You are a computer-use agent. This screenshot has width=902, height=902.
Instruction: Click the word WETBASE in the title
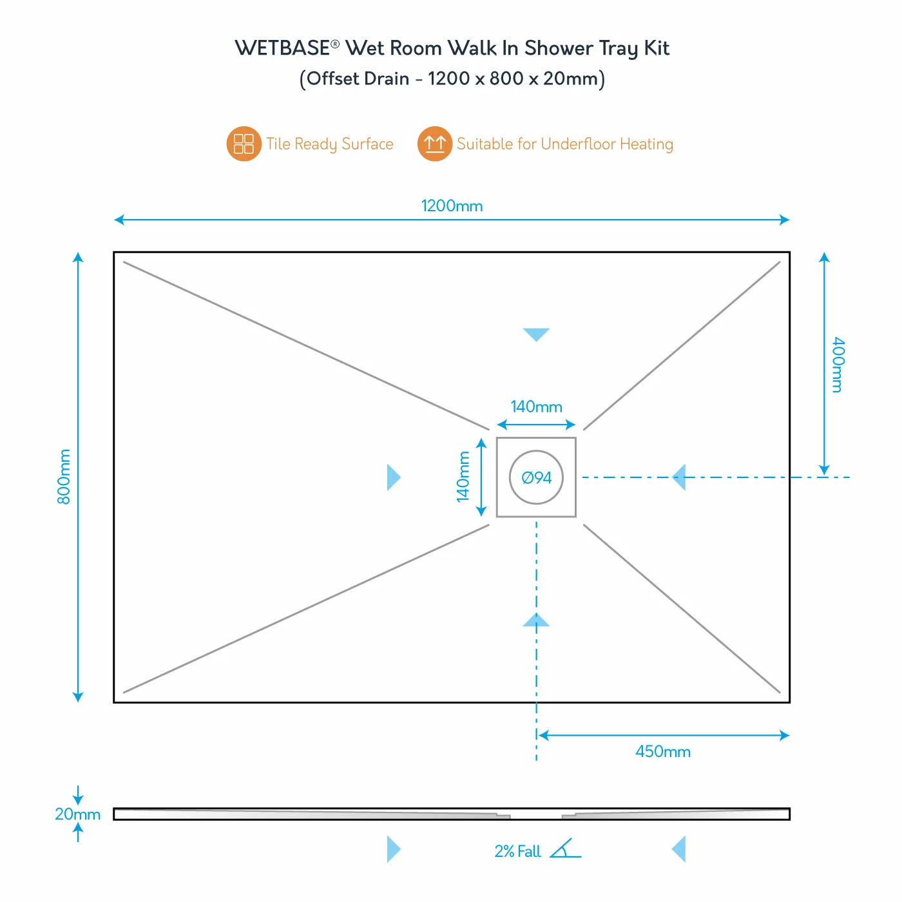click(x=282, y=48)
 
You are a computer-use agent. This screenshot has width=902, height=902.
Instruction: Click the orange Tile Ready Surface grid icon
click(x=244, y=144)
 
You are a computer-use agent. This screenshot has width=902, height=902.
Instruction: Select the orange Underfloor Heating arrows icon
click(x=435, y=144)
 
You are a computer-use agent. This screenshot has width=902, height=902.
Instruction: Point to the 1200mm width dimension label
click(x=452, y=206)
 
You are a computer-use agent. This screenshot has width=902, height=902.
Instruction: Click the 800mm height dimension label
click(x=64, y=477)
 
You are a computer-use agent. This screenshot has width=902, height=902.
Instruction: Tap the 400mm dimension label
click(x=837, y=365)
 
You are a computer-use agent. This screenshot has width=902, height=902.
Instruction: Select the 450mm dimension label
click(x=663, y=752)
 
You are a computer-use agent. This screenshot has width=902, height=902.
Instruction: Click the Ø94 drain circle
click(x=536, y=477)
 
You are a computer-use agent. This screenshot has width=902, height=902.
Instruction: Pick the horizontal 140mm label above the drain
click(x=536, y=407)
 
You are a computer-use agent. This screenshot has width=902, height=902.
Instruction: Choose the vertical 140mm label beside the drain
click(x=463, y=476)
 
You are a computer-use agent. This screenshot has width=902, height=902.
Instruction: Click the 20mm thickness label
click(x=77, y=814)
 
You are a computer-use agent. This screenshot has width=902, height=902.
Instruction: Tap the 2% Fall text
click(x=517, y=852)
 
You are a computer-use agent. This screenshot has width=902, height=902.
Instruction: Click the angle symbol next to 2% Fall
click(x=564, y=849)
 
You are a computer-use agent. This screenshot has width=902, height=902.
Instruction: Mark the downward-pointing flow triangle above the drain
click(x=536, y=334)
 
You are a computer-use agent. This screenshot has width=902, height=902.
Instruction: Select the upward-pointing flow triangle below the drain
click(x=536, y=620)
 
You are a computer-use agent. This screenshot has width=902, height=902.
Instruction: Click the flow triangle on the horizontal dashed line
click(x=679, y=477)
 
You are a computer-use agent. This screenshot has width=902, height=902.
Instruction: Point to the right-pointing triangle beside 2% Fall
click(x=393, y=849)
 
